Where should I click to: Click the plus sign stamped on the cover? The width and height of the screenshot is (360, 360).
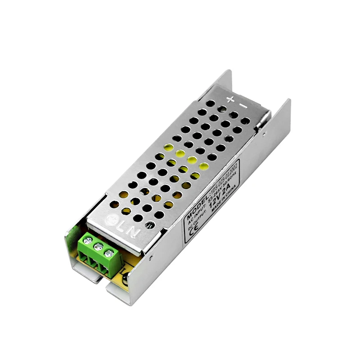(230, 99)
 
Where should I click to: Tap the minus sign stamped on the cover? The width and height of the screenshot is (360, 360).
(243, 106)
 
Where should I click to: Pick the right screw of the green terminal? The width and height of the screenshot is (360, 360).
(108, 253)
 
